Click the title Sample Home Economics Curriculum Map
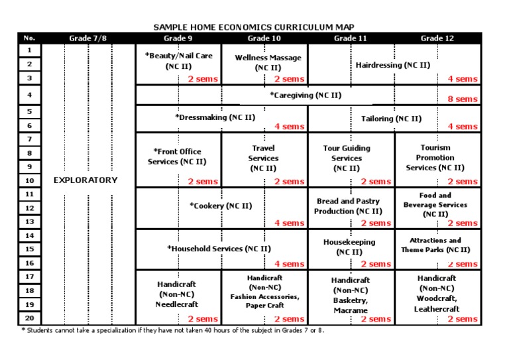point(254,27)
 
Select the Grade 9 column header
point(178,38)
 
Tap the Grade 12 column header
point(437,38)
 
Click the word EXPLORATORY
point(85,180)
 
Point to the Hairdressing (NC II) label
point(393,65)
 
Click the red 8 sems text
point(462,99)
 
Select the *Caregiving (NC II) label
point(306,95)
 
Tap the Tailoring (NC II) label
point(391,119)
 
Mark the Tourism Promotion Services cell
point(435,158)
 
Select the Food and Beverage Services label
point(435,204)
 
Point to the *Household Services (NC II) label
point(219,249)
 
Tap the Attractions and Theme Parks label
point(435,245)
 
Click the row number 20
point(30,318)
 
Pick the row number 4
point(30,95)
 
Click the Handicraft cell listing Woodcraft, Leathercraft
point(436,294)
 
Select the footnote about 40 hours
point(172,330)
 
